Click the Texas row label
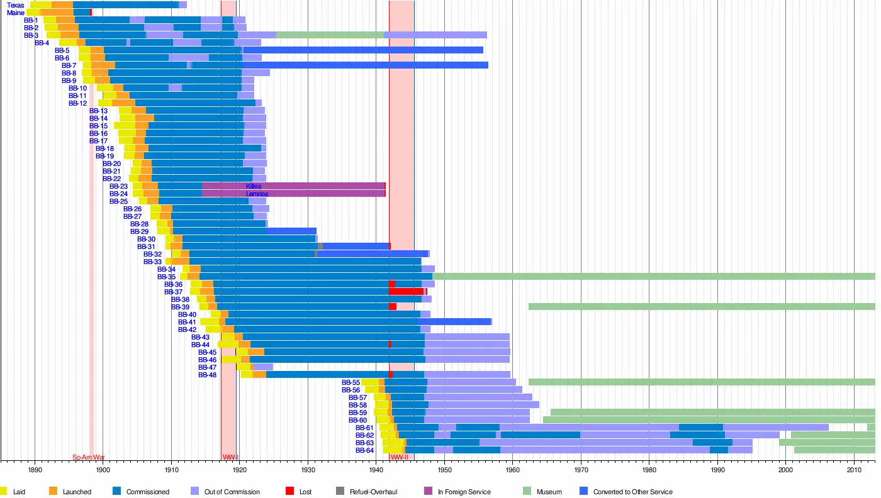(x=16, y=5)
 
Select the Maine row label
(x=16, y=13)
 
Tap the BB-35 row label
(x=166, y=277)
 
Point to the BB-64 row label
(x=364, y=450)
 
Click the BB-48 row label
(x=207, y=375)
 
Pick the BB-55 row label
(x=351, y=382)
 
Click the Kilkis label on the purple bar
(x=254, y=186)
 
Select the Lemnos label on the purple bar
(x=257, y=194)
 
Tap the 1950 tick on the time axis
(x=444, y=470)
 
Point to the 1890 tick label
(x=35, y=470)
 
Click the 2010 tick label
(x=853, y=470)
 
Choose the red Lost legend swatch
(x=289, y=491)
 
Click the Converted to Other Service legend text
(x=632, y=492)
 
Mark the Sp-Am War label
(x=88, y=457)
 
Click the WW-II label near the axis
(x=399, y=457)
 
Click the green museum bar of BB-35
(x=654, y=277)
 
